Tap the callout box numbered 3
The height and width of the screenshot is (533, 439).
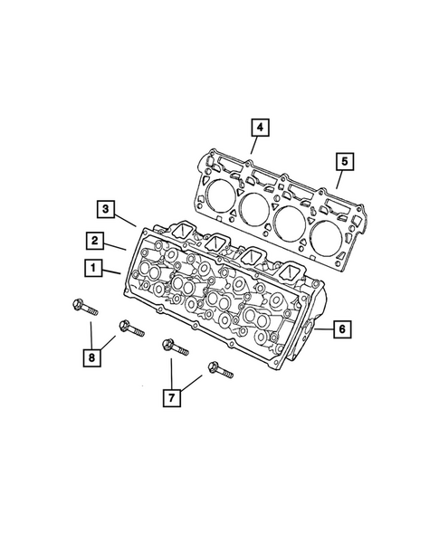(x=106, y=211)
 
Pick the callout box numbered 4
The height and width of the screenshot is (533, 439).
(x=258, y=129)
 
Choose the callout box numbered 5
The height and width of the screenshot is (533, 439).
(x=343, y=162)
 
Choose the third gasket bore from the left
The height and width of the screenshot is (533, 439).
(x=291, y=222)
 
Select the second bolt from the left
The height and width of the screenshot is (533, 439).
(x=128, y=328)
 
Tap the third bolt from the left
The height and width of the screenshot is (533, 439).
(x=173, y=347)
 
